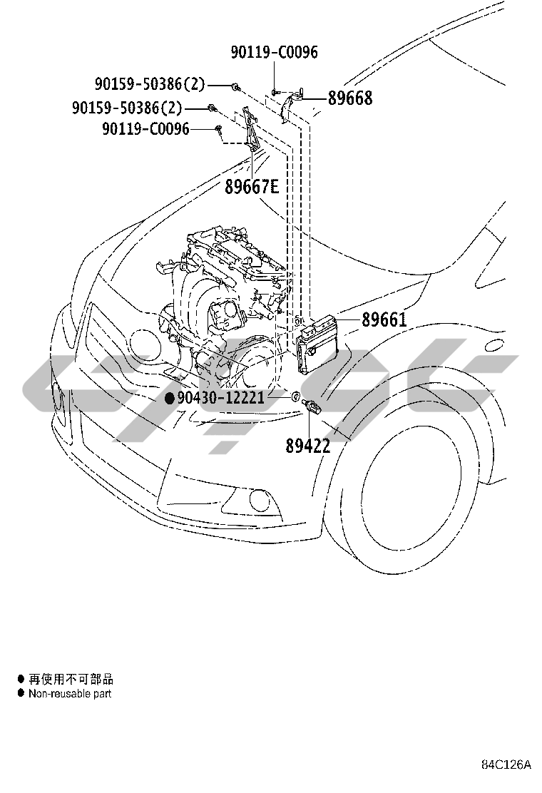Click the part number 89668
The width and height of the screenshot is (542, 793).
(x=350, y=98)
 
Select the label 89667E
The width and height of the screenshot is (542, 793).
(x=251, y=187)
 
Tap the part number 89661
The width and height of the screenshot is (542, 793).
(x=384, y=319)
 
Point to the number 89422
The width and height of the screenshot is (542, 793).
(x=308, y=446)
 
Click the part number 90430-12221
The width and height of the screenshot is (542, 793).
(x=221, y=398)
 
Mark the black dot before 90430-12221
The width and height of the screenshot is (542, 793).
(x=170, y=398)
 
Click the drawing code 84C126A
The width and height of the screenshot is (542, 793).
(x=506, y=764)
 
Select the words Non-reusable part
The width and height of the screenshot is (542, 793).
(x=70, y=694)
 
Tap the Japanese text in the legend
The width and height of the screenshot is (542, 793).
(x=71, y=679)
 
